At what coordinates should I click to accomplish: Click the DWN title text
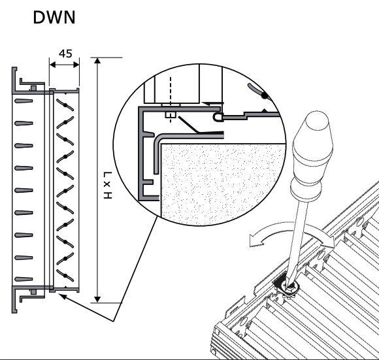(x=54, y=18)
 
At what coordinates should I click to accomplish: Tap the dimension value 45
(x=65, y=54)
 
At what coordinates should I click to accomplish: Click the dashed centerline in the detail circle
(x=171, y=99)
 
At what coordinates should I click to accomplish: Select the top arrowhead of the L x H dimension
(x=97, y=60)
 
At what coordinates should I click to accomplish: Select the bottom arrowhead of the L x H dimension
(x=97, y=299)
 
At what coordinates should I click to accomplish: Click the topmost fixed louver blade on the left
(x=24, y=101)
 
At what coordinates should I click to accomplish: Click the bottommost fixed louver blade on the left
(x=24, y=279)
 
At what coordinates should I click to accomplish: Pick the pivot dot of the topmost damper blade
(x=65, y=105)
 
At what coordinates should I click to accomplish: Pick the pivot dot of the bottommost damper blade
(x=65, y=276)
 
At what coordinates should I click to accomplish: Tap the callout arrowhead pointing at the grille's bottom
(x=63, y=296)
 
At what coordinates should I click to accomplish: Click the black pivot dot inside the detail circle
(x=265, y=96)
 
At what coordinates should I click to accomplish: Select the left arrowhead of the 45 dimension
(x=52, y=65)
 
